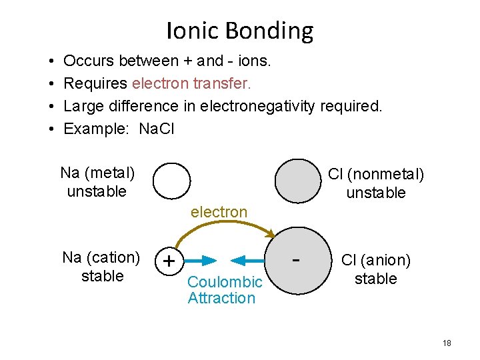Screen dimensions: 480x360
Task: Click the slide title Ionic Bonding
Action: [239, 31]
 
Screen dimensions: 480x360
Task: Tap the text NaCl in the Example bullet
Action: [156, 129]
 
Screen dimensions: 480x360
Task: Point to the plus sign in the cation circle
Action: [169, 261]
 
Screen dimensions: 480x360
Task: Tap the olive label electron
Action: [219, 212]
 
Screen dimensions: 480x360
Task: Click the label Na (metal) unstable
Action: [97, 182]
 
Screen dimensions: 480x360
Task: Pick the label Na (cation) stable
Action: [101, 267]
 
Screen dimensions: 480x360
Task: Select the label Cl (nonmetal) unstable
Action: [376, 183]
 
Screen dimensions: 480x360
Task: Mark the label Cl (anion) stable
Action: [376, 269]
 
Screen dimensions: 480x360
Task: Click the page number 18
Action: [446, 343]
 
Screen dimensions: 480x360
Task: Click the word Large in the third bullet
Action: [83, 106]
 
